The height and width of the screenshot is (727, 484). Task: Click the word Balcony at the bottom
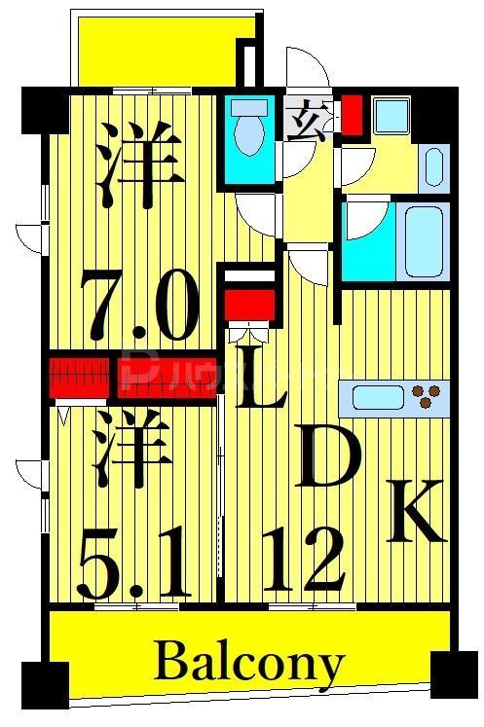(249, 665)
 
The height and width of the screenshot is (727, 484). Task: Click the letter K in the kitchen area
(418, 512)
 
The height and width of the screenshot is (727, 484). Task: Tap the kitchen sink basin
(374, 396)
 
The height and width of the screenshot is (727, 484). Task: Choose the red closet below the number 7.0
(79, 373)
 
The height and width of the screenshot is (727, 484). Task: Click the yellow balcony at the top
(156, 51)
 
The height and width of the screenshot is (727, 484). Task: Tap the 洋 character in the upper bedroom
(142, 163)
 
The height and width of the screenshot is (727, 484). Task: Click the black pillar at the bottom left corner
(45, 683)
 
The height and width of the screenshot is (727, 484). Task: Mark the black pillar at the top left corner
(45, 109)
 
